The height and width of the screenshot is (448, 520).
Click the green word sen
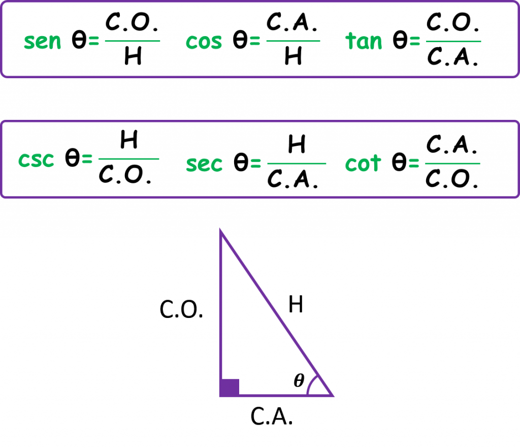pos(43,42)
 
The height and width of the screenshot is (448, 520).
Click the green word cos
pos(204,42)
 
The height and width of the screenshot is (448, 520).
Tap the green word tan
pos(364,41)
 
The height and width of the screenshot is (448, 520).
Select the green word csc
pos(36,160)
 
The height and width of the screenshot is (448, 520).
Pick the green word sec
pos(204,164)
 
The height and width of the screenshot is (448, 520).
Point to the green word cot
pos(363,163)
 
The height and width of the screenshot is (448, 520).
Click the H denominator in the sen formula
pos(133,56)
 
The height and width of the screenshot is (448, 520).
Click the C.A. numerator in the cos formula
pos(292,22)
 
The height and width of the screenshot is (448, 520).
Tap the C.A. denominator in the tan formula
pos(452,56)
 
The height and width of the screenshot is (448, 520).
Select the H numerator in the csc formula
pos(129,140)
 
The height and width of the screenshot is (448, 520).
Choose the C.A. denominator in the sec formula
pos(292,179)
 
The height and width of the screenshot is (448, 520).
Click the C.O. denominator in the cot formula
pos(451,178)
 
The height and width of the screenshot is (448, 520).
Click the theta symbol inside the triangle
pos(299,380)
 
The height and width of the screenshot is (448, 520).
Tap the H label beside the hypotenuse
pos(296,304)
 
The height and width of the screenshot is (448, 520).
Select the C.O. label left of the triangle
pos(181,309)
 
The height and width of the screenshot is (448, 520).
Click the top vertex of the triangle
pos(220,230)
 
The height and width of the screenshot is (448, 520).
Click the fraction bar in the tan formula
pos(453,42)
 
